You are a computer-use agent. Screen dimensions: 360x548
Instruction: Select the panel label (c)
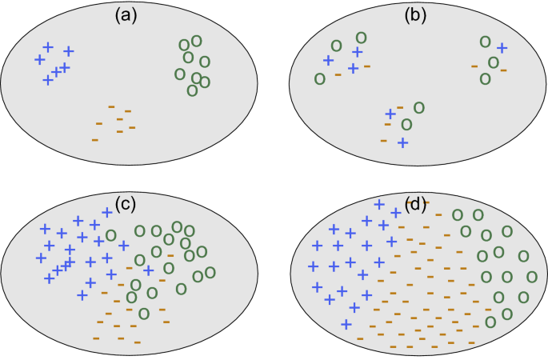point(124,203)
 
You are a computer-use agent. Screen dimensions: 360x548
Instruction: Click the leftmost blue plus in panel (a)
point(39,59)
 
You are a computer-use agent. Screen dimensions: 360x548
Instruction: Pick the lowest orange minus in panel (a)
point(95,140)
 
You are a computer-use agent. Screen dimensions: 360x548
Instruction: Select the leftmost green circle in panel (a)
point(180,74)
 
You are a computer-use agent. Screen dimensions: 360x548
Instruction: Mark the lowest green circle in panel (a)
point(192,90)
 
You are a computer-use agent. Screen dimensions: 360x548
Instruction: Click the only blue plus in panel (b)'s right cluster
point(502,48)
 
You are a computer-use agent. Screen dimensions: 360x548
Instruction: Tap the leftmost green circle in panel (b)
point(319,78)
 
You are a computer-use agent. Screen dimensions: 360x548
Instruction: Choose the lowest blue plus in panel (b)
point(402,142)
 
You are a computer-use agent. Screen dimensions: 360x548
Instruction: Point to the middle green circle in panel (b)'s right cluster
point(494,62)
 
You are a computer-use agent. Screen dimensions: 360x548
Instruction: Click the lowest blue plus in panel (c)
point(82,295)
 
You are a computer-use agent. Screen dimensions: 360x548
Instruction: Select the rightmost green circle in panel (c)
point(210,272)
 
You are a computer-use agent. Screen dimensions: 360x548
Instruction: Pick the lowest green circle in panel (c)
point(143,313)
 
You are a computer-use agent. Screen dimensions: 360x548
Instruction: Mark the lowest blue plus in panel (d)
point(346,324)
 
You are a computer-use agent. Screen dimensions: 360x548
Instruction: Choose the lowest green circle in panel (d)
point(490,322)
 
